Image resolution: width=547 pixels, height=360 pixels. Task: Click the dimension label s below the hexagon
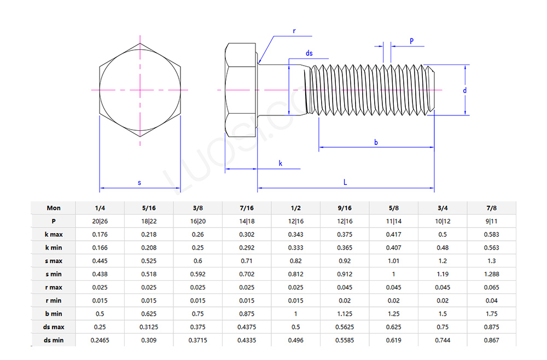[139, 182]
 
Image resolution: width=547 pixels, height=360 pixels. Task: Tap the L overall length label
[345, 182]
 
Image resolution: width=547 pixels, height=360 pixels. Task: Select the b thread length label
[376, 142]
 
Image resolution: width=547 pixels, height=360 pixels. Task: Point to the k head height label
[280, 163]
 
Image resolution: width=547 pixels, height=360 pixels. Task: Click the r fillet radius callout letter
[294, 31]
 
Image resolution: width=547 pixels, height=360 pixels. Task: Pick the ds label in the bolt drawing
[309, 53]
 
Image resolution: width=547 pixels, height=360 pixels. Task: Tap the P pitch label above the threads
[411, 41]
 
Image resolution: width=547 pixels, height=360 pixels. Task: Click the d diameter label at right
[464, 90]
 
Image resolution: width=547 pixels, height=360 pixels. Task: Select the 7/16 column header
[247, 208]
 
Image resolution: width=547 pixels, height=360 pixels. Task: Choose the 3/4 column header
[443, 208]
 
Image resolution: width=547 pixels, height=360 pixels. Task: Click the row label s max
[54, 261]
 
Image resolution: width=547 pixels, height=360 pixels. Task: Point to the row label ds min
[54, 340]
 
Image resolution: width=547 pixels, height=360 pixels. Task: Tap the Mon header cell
[54, 208]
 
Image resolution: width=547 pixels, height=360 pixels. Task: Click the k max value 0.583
[491, 234]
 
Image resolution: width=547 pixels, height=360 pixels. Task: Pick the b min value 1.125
[345, 313]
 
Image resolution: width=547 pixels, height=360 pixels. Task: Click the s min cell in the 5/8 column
[394, 274]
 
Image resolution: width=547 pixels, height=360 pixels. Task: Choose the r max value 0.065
[491, 287]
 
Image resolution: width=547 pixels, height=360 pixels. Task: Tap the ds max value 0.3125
[149, 327]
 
